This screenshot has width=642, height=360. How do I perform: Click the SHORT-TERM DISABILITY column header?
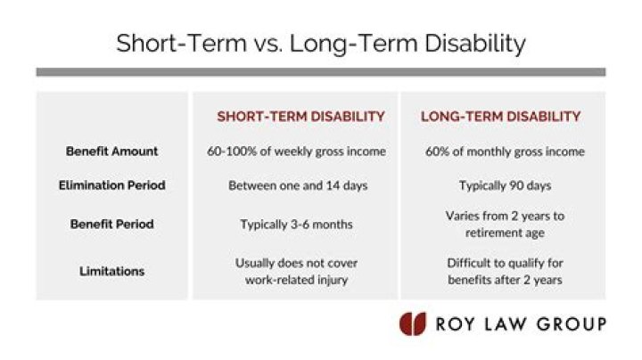[x=300, y=117]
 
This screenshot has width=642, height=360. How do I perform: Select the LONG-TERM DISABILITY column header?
[x=500, y=117]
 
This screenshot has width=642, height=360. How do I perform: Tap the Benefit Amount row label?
[x=112, y=151]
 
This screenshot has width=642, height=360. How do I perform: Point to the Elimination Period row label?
[x=112, y=186]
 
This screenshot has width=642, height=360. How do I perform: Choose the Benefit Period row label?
[x=112, y=224]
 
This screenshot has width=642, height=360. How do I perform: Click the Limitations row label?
[x=112, y=271]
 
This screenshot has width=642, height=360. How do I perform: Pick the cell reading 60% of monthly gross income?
[x=505, y=151]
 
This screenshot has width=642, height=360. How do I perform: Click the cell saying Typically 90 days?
[x=505, y=186]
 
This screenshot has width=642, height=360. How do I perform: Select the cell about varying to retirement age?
[x=505, y=224]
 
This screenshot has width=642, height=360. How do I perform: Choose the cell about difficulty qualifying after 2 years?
[x=505, y=271]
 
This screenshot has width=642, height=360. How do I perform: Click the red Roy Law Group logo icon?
[x=412, y=323]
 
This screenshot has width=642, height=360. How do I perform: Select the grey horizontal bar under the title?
[x=320, y=72]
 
